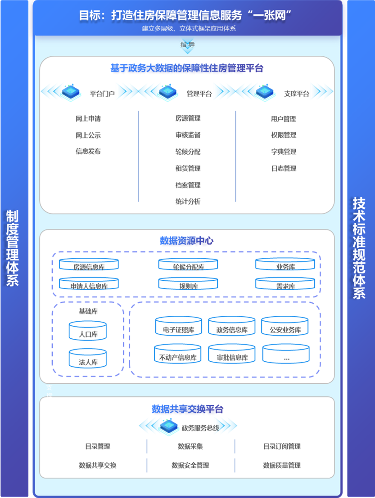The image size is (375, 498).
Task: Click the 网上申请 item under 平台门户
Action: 88,119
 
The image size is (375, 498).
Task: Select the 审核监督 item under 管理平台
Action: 188,135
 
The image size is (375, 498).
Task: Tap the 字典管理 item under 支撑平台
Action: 284,152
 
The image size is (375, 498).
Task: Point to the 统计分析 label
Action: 188,202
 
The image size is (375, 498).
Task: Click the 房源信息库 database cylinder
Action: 89,265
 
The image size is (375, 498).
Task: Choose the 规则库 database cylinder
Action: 188,284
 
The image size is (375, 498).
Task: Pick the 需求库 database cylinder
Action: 285,284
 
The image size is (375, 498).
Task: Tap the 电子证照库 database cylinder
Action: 179,327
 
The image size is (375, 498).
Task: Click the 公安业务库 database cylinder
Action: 285,327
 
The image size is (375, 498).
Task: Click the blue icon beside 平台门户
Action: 70,92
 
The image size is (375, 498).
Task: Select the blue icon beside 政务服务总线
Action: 169,426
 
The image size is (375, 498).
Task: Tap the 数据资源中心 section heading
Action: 187,241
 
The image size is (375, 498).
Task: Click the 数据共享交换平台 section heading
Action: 187,409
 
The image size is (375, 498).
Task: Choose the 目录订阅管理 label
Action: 282,447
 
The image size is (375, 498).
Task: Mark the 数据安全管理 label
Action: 190,466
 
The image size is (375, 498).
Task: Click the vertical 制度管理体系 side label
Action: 12,247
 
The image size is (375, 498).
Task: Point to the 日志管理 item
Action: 284,169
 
